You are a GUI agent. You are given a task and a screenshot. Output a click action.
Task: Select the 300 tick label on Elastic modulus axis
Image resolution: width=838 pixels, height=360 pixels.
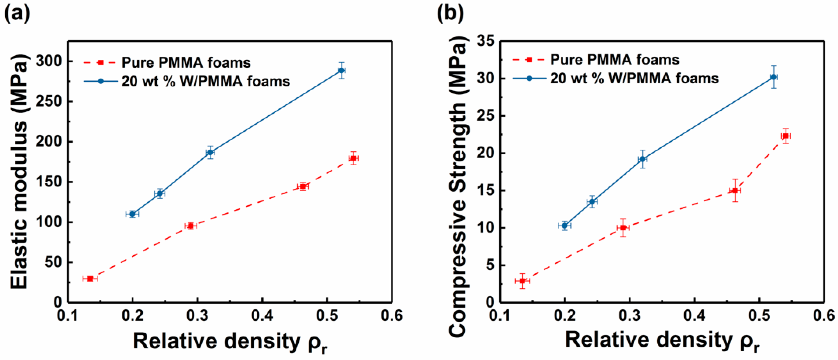coord(49,61)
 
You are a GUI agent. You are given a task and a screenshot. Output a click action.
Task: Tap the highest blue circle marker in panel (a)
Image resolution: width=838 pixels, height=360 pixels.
coord(341,70)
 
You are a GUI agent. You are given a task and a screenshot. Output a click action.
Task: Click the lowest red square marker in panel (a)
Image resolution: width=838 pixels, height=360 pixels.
coord(90,279)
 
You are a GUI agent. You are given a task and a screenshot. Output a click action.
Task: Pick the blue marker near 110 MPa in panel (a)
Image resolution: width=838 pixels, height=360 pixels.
coord(132,214)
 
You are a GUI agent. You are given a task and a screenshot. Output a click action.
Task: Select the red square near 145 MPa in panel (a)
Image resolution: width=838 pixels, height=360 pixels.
coord(303,187)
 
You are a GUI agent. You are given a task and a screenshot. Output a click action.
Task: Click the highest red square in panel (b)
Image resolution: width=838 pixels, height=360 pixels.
coord(786,136)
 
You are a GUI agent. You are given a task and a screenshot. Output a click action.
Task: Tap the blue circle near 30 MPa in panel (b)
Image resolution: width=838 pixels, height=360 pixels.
coord(774,77)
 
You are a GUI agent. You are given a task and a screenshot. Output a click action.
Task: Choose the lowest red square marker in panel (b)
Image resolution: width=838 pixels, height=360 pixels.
coord(522,281)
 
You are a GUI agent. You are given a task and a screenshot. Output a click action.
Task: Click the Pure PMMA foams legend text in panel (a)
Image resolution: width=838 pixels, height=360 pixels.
coord(186,62)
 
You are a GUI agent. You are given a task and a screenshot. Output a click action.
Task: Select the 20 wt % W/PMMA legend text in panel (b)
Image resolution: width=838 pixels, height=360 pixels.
coord(634,78)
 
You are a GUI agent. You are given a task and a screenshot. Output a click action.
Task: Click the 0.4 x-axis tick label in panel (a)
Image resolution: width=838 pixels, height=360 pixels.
coord(262,316)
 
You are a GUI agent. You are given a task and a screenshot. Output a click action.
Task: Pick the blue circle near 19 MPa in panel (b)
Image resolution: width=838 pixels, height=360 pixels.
coord(642,159)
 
